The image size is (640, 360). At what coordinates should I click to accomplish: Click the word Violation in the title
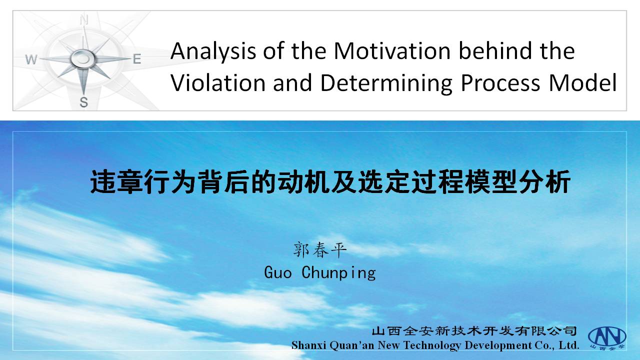[x=218, y=82]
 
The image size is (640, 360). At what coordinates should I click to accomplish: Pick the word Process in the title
[x=500, y=83]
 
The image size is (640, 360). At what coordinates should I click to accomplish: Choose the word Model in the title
[x=582, y=82]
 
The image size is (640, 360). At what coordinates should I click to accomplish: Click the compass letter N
[x=84, y=20]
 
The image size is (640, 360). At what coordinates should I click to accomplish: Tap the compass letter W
[x=31, y=59]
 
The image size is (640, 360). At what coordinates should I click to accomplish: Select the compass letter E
[x=137, y=59]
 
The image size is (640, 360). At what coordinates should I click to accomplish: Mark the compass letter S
[x=83, y=102]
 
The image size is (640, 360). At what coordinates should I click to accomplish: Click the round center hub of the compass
[x=83, y=58]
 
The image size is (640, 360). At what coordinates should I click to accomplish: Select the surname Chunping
[x=339, y=273]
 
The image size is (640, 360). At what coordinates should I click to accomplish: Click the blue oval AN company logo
[x=607, y=336]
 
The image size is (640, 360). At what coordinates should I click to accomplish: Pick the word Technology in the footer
[x=432, y=345]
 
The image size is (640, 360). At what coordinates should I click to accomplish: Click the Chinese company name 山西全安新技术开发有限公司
[x=474, y=331]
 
